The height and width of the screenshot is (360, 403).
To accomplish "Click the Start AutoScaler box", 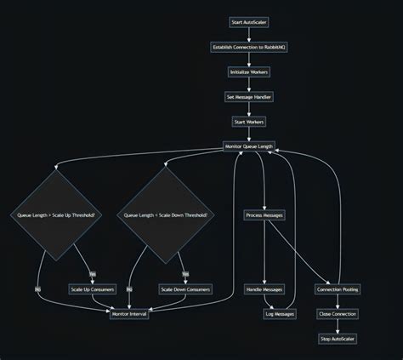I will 248,22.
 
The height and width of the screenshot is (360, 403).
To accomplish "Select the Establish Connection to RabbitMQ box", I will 248,47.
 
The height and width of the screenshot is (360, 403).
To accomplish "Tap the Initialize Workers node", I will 248,72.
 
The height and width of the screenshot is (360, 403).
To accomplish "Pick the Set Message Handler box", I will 248,97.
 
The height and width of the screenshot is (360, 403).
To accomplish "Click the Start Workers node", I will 248,122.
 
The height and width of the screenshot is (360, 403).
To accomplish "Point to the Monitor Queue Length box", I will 248,146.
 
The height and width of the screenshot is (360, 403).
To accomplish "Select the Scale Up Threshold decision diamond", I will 57,215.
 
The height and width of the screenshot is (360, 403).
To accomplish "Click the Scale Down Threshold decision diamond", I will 165,215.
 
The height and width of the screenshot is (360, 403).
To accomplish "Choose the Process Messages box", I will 264,215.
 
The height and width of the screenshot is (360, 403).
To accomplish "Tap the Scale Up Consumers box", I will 93,289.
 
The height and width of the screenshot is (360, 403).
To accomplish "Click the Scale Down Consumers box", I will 184,289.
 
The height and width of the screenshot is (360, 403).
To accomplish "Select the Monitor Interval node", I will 129,314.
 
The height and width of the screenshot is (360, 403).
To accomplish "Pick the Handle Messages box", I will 264,289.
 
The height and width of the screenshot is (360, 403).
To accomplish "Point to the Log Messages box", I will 280,314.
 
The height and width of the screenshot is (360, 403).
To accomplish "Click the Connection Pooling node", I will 338,289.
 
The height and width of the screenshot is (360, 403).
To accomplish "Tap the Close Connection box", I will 338,314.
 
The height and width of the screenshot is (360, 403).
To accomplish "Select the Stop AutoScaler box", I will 338,339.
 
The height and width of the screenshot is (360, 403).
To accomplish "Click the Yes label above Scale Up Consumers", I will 93,273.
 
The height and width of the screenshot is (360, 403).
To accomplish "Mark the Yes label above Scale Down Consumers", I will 184,273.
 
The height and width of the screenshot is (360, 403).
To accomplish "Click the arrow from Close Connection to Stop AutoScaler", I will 338,326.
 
